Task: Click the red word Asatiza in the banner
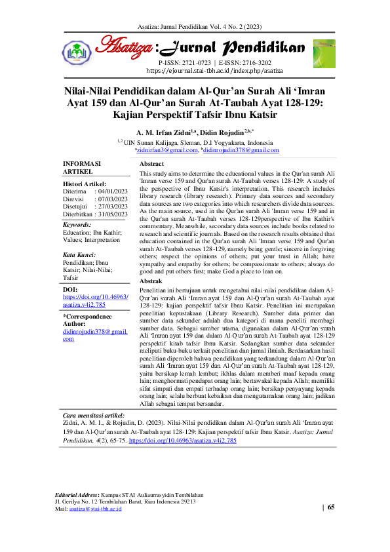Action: coord(125,47)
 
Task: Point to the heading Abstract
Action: coord(151,163)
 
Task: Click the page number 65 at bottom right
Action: coord(330,507)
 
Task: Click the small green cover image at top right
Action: coord(323,52)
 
